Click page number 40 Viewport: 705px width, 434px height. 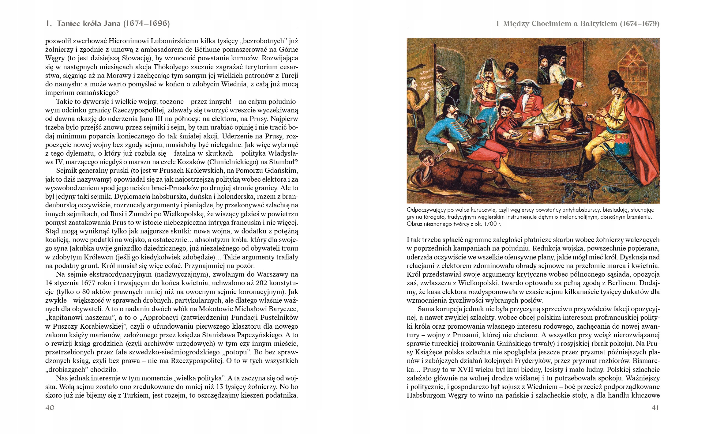(x=50, y=408)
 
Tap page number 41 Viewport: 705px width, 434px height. (x=655, y=408)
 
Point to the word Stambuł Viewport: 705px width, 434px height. (x=285, y=162)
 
